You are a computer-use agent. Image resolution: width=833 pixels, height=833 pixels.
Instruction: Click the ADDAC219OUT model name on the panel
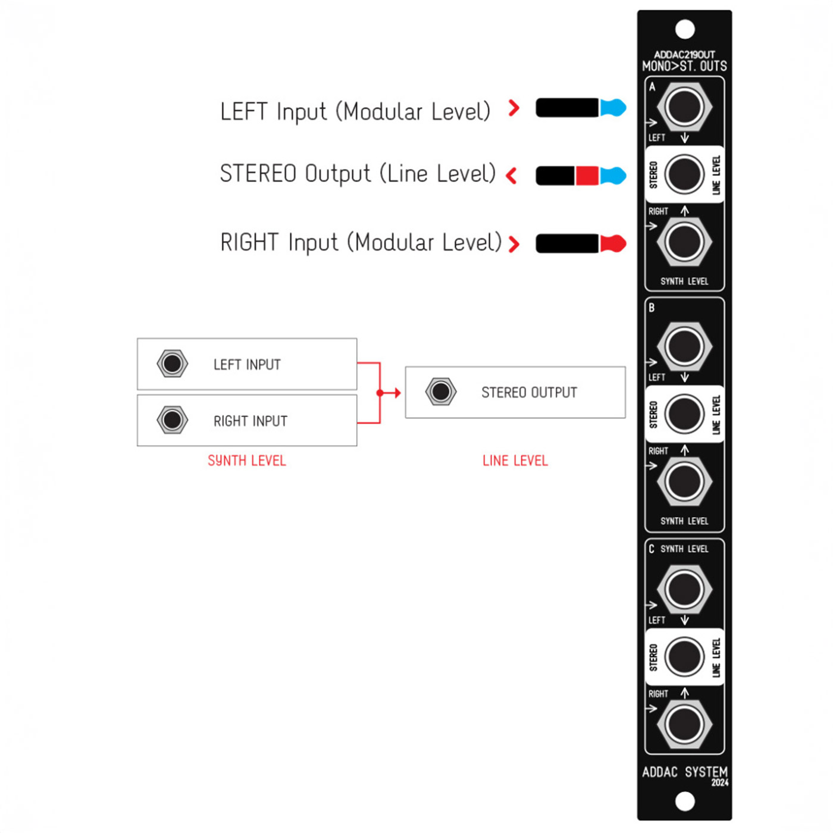point(684,55)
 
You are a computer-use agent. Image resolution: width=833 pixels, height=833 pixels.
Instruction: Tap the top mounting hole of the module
point(685,29)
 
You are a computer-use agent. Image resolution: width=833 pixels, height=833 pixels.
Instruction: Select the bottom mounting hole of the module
point(685,801)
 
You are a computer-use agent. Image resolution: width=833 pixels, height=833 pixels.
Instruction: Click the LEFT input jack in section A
point(684,107)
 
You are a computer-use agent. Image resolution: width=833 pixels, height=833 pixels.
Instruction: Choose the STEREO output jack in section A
point(684,174)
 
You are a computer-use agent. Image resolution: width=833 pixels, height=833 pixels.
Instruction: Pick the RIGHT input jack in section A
point(684,242)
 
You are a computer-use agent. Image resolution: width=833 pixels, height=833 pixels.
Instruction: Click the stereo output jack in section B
point(684,414)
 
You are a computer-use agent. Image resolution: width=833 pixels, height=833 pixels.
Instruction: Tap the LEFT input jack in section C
point(684,590)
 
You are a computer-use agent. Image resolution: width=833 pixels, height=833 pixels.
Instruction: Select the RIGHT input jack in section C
point(684,725)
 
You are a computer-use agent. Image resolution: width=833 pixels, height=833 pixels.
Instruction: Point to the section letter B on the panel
point(652,308)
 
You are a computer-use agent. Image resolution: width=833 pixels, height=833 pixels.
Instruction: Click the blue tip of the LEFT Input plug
point(613,107)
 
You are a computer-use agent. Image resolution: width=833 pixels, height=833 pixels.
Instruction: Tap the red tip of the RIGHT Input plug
point(613,243)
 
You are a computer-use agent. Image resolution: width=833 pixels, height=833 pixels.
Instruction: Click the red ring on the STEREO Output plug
point(587,176)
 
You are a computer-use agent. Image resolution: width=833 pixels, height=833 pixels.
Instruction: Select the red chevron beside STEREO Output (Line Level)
point(511,176)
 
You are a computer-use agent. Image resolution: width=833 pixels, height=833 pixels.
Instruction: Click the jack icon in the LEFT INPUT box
point(173,364)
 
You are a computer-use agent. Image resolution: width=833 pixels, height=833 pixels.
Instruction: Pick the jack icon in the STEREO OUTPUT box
point(440,392)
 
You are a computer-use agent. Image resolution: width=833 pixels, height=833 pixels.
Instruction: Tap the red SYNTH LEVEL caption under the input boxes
point(247,461)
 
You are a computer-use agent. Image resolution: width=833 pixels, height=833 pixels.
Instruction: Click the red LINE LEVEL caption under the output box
point(515,461)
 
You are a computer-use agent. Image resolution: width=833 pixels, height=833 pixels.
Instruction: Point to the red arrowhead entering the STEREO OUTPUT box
point(397,393)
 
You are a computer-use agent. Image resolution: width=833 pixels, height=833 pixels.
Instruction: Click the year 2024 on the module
point(720,782)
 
